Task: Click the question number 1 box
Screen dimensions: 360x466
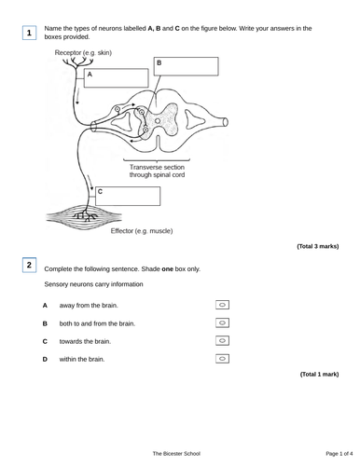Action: [29, 33]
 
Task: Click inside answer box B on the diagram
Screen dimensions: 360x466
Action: [186, 66]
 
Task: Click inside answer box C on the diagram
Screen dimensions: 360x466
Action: [127, 196]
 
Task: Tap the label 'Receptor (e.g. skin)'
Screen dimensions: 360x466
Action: [83, 52]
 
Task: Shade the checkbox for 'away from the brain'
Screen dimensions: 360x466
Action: [222, 305]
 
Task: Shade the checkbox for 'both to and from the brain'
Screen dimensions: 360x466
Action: [222, 322]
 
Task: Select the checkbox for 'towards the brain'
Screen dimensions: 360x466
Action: [222, 340]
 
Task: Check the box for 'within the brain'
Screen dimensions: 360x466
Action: [222, 358]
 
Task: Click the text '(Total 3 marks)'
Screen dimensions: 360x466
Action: [317, 246]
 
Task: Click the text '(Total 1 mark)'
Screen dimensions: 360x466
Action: [319, 374]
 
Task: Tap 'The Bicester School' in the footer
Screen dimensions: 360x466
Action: [179, 452]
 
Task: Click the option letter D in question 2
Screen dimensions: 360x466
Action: [45, 359]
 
